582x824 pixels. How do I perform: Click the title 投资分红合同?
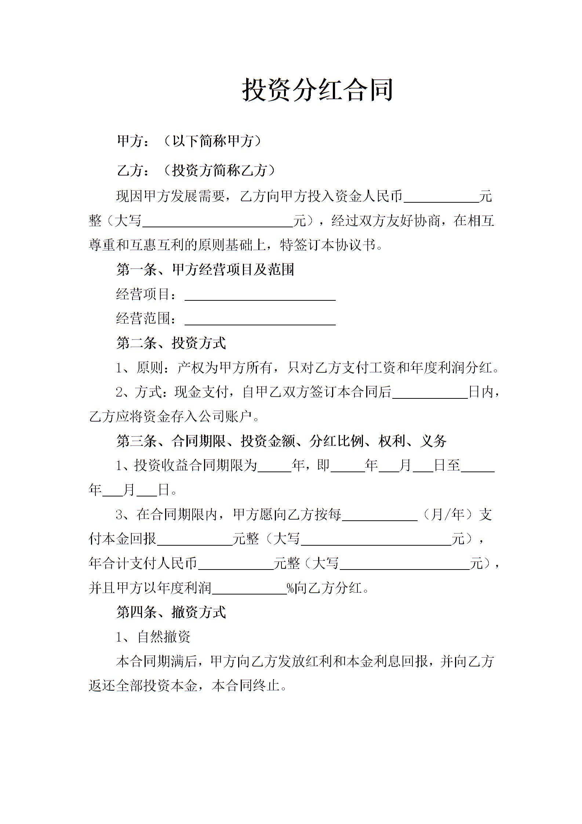coord(317,90)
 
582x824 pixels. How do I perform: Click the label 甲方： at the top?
coord(133,141)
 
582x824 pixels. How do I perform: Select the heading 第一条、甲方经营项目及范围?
coord(205,270)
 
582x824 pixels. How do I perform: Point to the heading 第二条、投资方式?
coord(171,343)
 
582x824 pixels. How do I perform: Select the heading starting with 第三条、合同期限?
coord(281,441)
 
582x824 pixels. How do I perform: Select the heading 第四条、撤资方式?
coord(171,612)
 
